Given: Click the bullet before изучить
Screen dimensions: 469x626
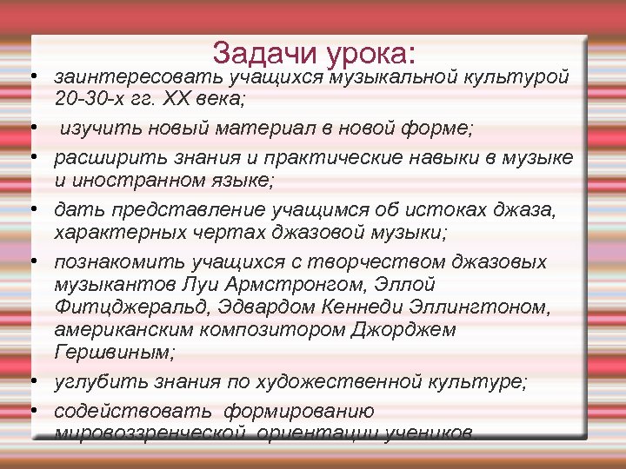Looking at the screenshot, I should point(31,131).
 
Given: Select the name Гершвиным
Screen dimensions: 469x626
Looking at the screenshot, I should point(114,353).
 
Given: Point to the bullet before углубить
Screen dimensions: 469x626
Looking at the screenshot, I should point(31,381).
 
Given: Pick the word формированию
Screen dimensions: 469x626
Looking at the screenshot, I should point(298,410).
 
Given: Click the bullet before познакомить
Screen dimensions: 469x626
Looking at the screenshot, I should point(31,262).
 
